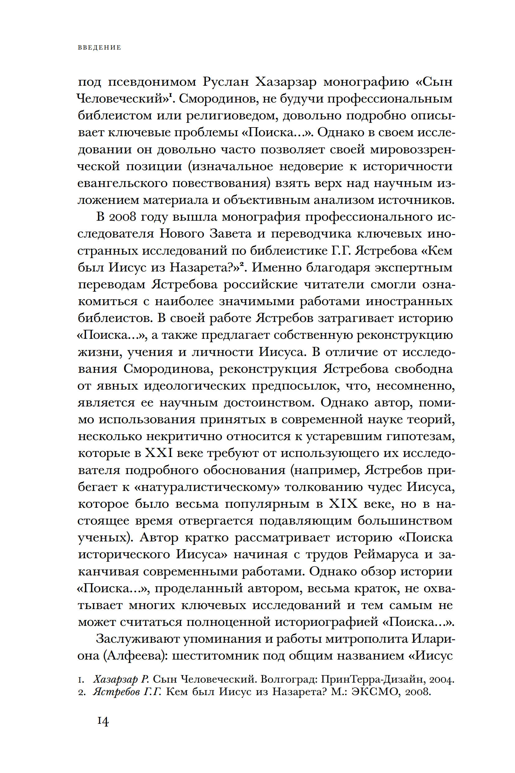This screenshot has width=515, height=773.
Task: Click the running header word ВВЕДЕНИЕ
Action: pos(100,48)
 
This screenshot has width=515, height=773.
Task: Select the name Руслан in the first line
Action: pos(226,82)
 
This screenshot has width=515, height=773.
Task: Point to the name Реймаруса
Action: pos(386,555)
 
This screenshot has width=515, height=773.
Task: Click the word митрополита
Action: pos(358,639)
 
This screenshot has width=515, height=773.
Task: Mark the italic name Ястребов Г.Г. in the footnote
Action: pos(127,692)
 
